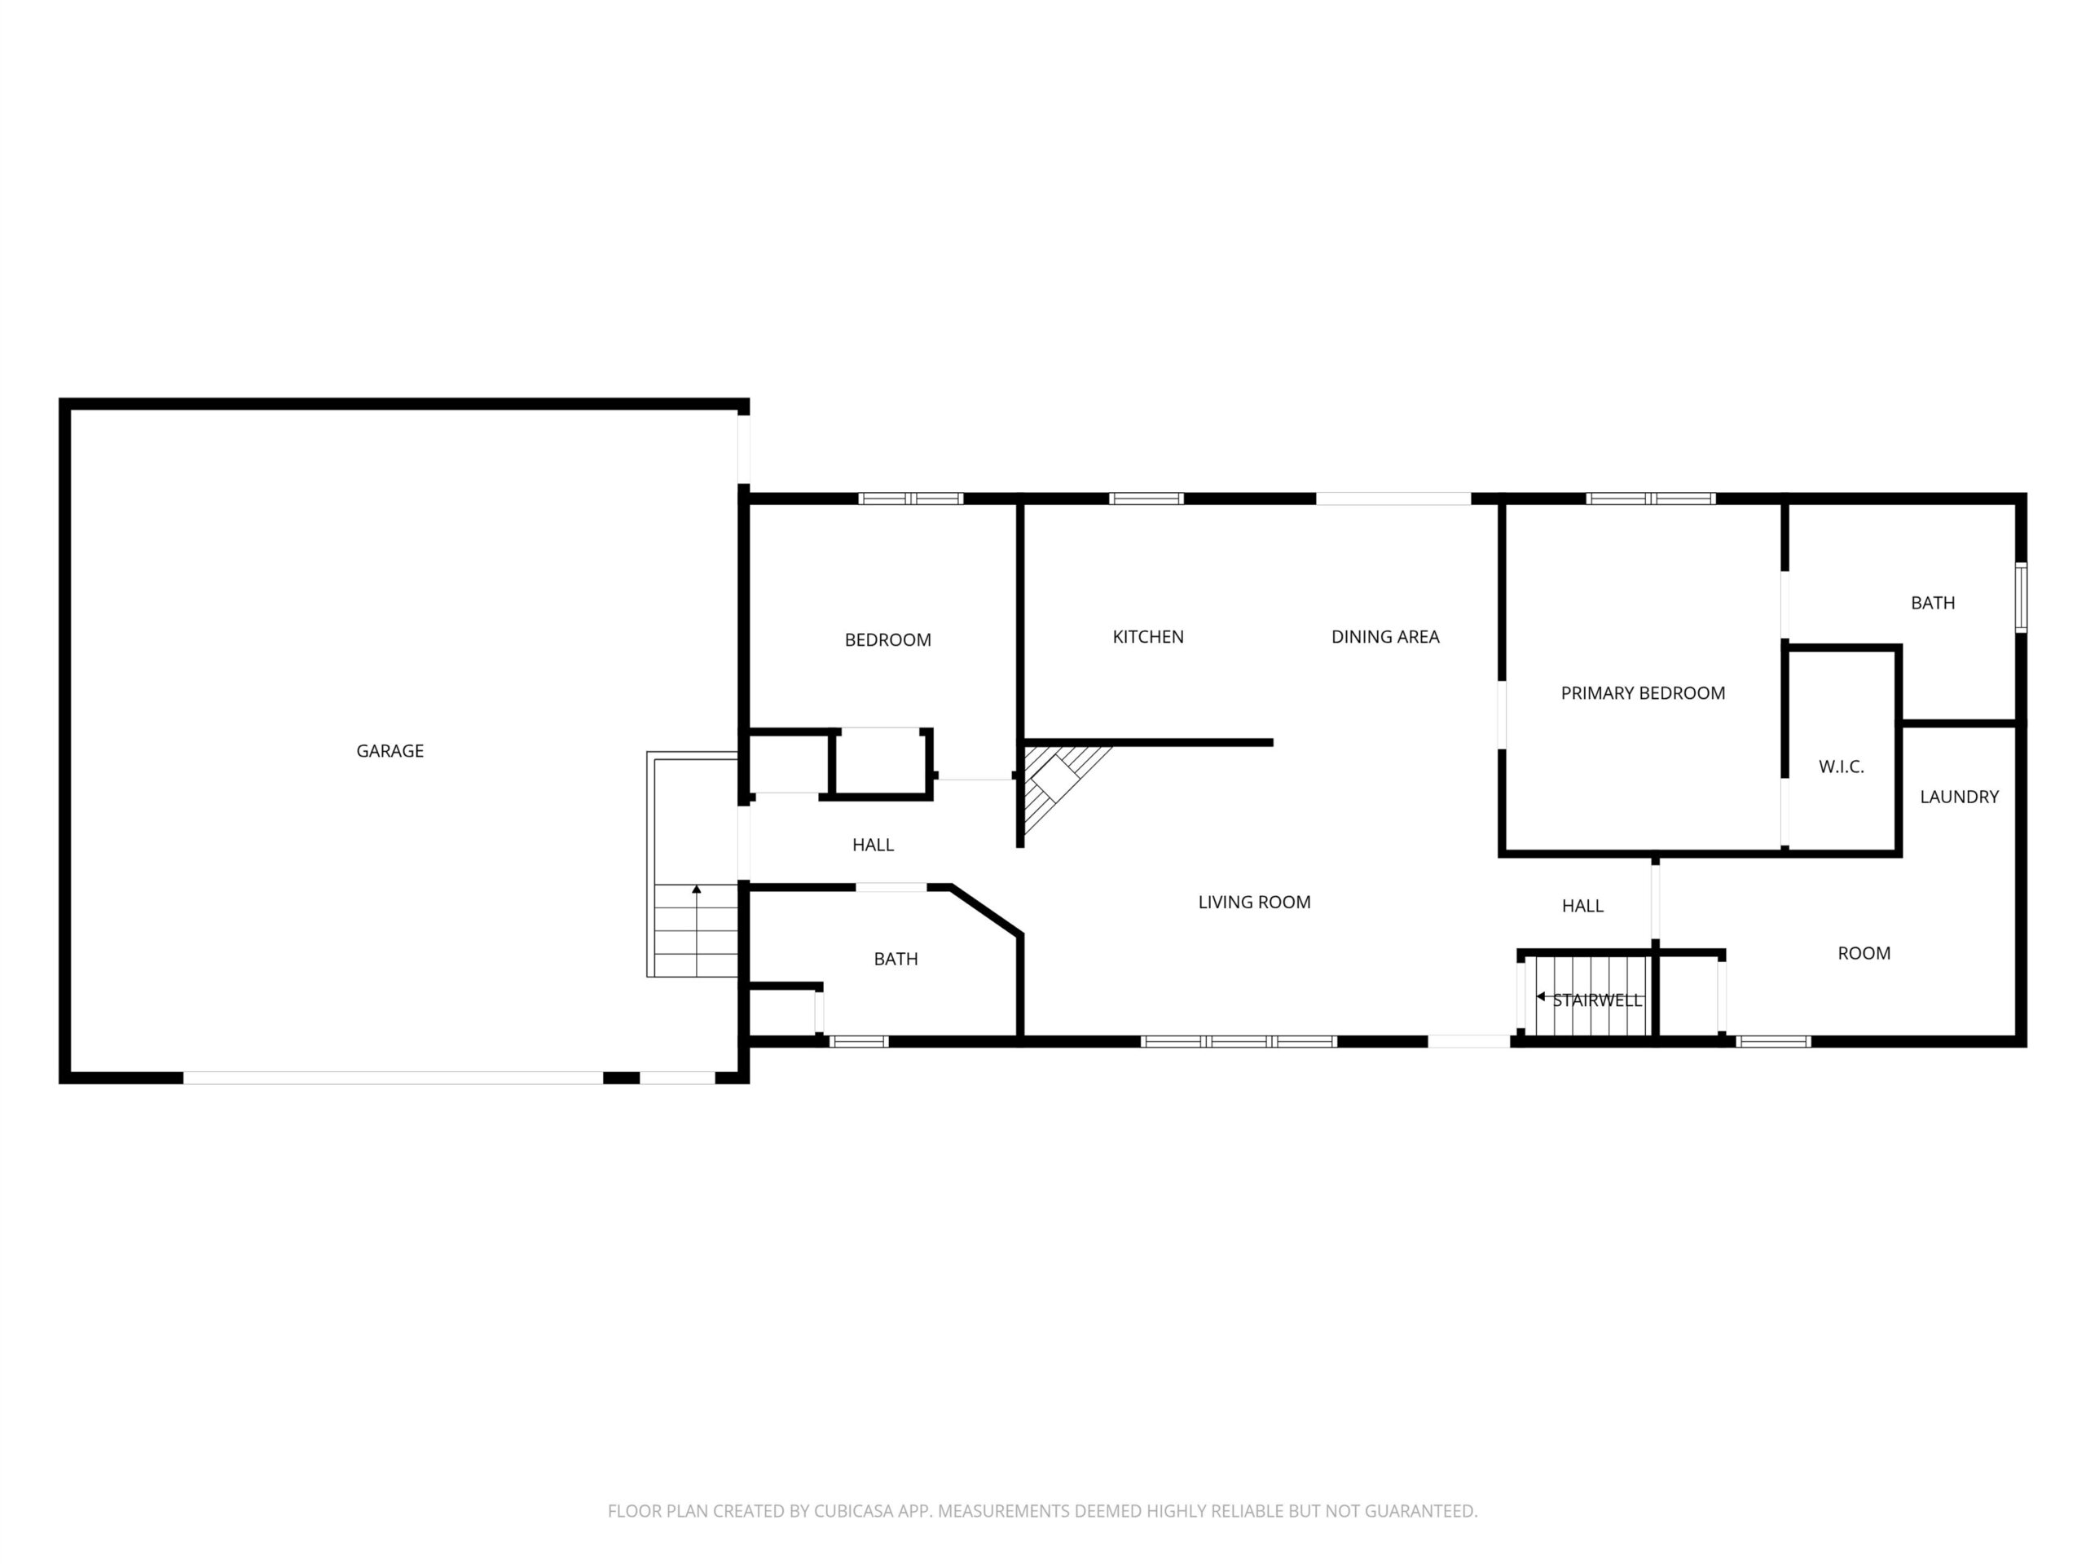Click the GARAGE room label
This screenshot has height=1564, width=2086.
tap(389, 751)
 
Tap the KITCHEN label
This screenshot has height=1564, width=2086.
tap(1147, 637)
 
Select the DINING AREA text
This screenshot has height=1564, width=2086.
tap(1384, 637)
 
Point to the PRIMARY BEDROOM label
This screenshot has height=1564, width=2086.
tap(1643, 694)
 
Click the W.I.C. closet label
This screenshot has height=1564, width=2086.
tap(1841, 767)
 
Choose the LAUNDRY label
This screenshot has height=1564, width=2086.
tap(1959, 797)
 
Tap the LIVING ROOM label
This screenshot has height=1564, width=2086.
tap(1254, 903)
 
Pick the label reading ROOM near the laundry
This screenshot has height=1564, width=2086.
tap(1864, 954)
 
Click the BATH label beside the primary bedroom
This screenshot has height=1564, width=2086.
tap(1932, 604)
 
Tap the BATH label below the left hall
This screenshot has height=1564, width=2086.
tap(895, 960)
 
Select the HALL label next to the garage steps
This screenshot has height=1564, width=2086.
tap(873, 846)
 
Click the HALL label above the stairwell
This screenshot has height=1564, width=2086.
tap(1582, 907)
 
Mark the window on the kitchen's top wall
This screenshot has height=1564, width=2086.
tap(1146, 499)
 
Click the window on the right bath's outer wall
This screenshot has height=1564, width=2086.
tap(2021, 598)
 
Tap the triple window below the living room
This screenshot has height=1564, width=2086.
tap(1239, 1042)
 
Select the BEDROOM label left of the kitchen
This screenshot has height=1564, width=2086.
tap(887, 641)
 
